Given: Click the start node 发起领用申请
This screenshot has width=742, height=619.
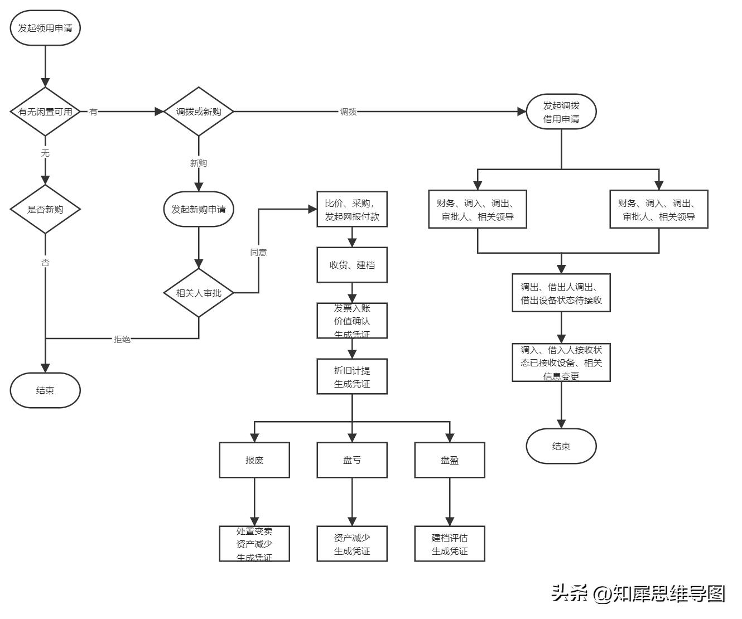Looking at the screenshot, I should [x=45, y=28].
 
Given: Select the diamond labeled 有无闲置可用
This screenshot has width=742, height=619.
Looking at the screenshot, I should [x=45, y=112].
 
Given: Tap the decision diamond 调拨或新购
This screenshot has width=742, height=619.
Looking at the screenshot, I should [x=199, y=112].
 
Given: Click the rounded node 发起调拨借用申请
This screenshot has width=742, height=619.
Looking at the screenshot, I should [x=561, y=112].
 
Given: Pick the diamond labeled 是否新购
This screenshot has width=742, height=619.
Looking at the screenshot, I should [x=45, y=209].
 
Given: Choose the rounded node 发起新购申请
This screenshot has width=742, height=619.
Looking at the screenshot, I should [x=199, y=209].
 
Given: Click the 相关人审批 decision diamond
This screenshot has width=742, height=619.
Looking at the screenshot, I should [x=199, y=293].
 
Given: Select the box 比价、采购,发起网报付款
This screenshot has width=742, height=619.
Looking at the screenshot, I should [x=352, y=210].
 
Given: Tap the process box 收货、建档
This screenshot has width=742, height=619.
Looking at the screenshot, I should [x=352, y=265].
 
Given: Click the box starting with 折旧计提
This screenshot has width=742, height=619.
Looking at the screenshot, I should [x=352, y=377].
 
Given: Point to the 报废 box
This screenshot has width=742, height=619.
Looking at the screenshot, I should [x=254, y=460].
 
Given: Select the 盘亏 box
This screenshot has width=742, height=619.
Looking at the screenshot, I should [x=352, y=460].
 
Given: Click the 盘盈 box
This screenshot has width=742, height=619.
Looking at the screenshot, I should [x=450, y=460].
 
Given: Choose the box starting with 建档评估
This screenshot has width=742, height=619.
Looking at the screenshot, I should [x=450, y=544].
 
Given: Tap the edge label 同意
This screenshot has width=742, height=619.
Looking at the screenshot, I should [x=258, y=253].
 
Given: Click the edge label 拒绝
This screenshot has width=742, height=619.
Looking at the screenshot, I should [x=122, y=339].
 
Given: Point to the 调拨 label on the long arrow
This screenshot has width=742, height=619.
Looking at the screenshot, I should [x=349, y=112].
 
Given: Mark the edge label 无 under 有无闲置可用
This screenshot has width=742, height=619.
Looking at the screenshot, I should [x=45, y=153].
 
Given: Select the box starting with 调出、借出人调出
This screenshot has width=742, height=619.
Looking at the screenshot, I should [x=561, y=293].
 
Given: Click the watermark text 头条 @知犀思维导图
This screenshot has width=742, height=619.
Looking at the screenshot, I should [x=638, y=593].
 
